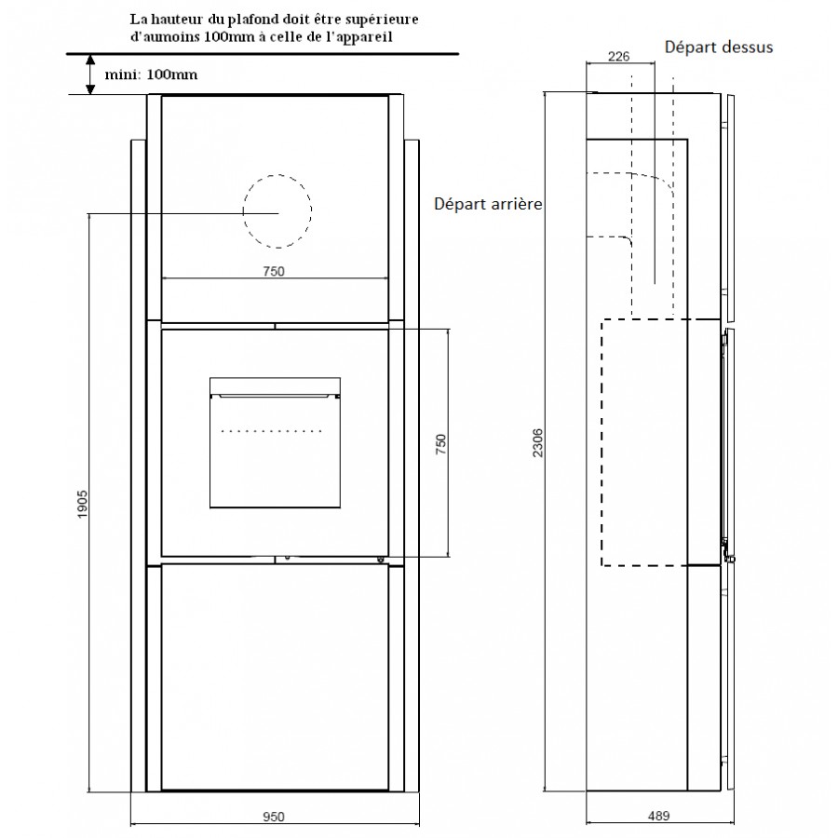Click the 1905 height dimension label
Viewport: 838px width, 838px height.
82,504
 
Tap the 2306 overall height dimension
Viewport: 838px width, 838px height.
537,442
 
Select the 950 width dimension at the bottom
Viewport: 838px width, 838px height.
274,817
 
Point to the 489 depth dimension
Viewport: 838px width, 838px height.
658,816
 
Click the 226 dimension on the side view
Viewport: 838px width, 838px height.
619,56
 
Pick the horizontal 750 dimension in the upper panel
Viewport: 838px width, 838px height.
274,271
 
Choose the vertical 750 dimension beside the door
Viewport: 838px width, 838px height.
441,444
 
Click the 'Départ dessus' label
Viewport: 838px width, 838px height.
719,47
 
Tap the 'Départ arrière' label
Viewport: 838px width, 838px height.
488,204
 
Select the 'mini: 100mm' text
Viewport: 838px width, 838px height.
151,74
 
